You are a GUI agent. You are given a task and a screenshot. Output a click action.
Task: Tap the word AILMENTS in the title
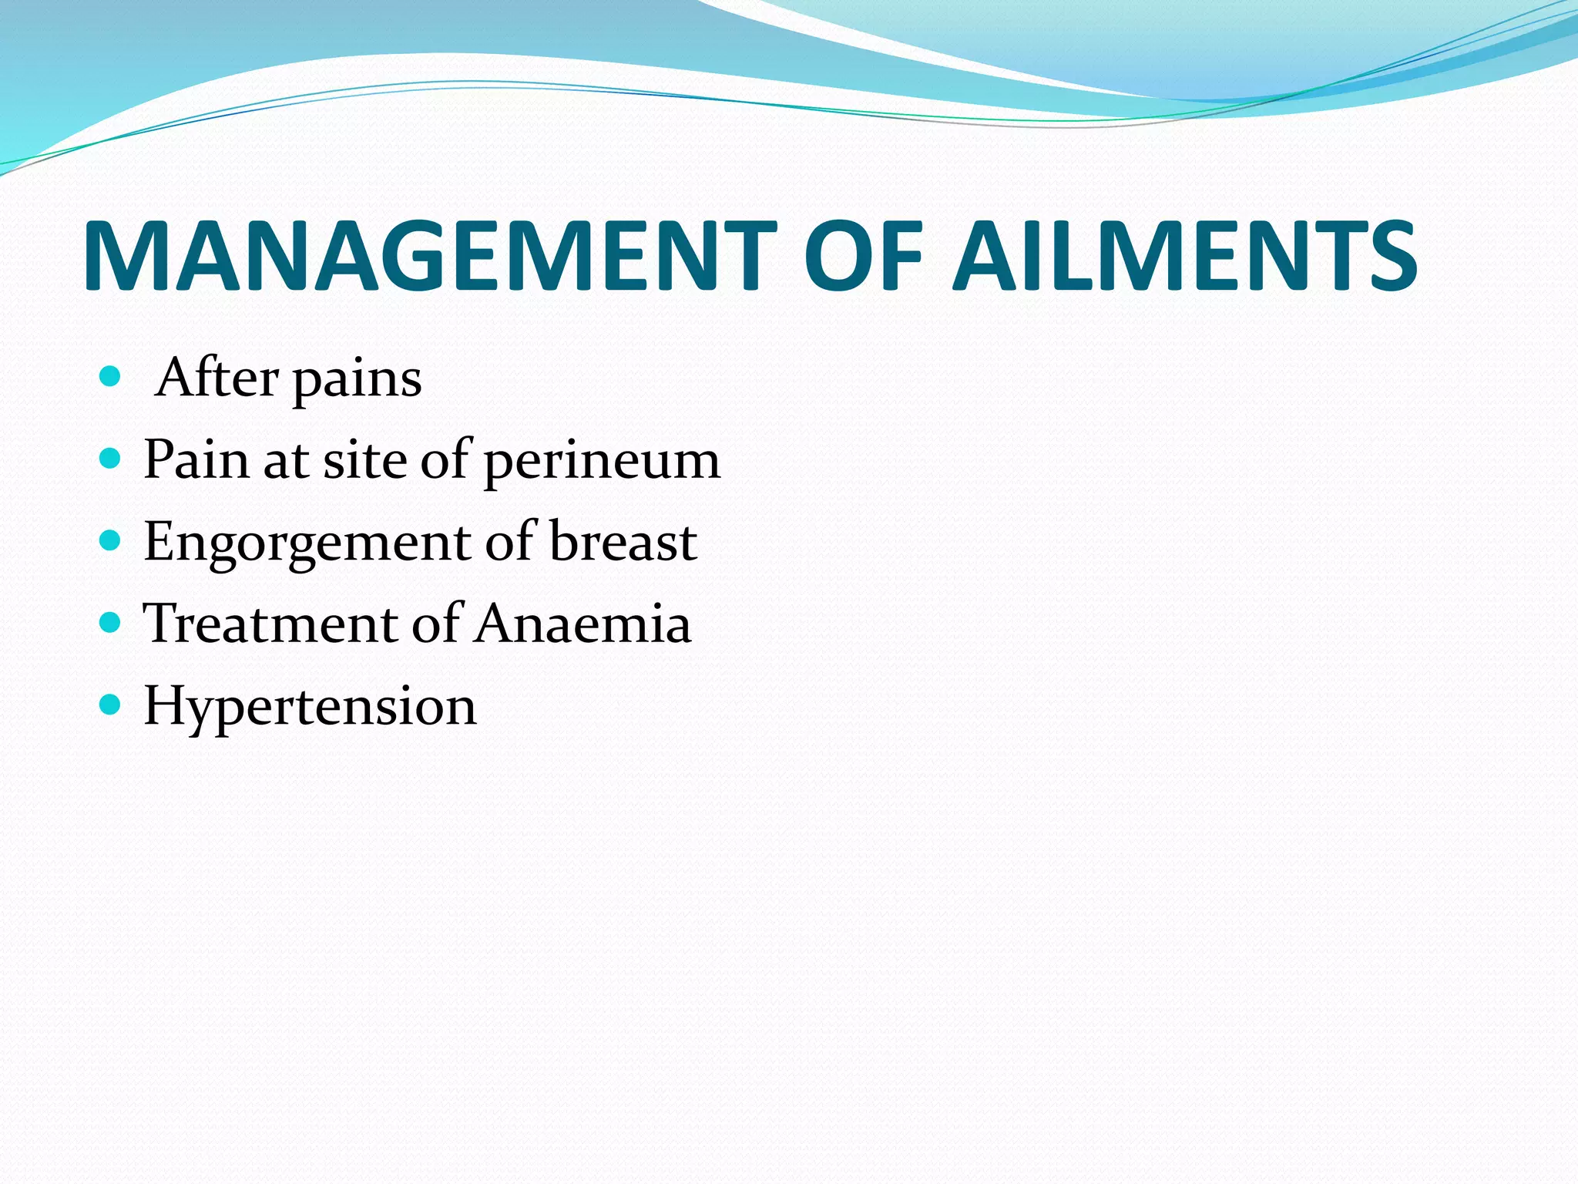[x=1185, y=256]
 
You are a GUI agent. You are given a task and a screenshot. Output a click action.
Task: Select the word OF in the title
[x=863, y=256]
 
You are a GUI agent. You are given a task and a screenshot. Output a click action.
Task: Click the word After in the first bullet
[x=217, y=378]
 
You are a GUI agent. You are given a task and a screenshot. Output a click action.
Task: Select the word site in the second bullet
[x=364, y=460]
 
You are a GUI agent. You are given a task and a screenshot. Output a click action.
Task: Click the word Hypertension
[x=311, y=707]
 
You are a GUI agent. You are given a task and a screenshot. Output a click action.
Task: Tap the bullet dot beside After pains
[x=110, y=377]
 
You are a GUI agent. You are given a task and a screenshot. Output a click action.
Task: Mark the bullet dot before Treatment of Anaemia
[x=110, y=622]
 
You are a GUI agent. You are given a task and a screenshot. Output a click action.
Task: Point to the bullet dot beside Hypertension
[x=110, y=704]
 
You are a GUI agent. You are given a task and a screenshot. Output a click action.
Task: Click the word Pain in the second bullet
[x=196, y=460]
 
